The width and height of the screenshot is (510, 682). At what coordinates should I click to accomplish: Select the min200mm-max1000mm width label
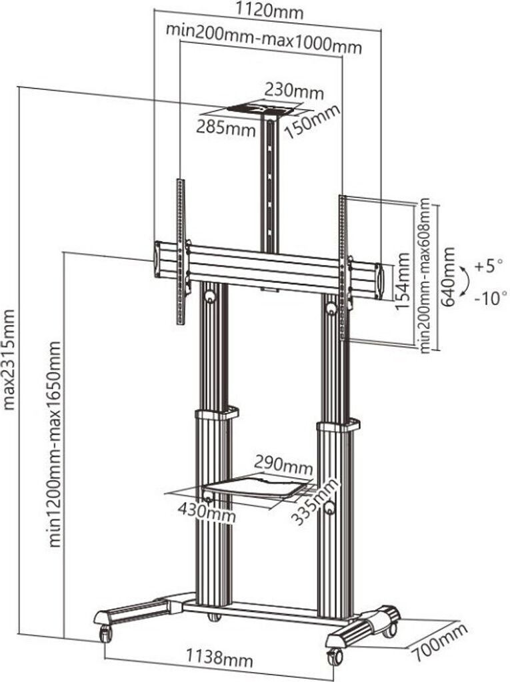click(x=264, y=38)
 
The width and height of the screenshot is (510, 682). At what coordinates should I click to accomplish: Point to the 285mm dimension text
click(x=225, y=127)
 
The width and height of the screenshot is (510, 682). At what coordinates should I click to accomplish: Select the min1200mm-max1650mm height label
click(x=55, y=444)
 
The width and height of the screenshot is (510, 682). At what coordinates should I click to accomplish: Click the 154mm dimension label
click(x=403, y=281)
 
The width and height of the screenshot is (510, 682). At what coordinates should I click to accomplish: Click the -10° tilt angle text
click(x=491, y=298)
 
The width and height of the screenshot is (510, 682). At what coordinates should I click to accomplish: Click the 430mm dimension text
click(x=207, y=512)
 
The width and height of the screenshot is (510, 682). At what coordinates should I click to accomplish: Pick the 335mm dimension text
click(x=315, y=500)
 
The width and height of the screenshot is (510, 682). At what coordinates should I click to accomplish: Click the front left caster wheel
click(x=106, y=633)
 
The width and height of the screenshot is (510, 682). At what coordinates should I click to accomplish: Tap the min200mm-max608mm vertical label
click(x=424, y=276)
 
